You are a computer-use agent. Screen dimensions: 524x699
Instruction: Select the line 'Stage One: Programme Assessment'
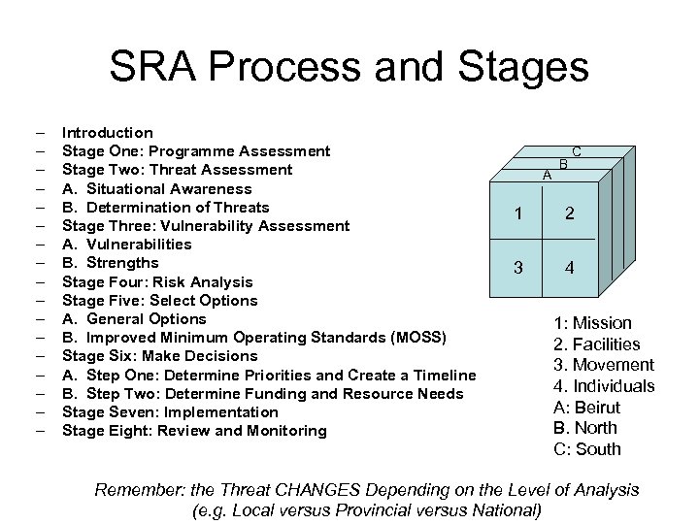[196, 151]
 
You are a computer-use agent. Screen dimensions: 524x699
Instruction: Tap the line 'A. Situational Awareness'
[156, 189]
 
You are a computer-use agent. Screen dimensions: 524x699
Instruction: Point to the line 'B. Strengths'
[110, 263]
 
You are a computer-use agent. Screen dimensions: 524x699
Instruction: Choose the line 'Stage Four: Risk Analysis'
[157, 282]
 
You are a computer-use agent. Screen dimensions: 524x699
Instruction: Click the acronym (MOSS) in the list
[419, 338]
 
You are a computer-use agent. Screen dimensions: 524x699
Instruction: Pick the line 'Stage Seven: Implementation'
[170, 412]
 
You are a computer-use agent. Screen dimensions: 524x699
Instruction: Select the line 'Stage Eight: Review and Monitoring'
[194, 431]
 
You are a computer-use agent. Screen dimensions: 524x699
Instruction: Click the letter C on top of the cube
[577, 151]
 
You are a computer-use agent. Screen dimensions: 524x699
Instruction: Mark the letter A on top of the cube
[548, 176]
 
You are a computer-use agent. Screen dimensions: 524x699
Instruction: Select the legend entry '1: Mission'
[592, 323]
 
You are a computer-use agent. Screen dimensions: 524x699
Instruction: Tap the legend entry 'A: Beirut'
[586, 408]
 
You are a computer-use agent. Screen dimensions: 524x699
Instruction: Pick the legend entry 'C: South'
[586, 449]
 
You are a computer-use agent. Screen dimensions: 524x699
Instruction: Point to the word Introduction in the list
[107, 133]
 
